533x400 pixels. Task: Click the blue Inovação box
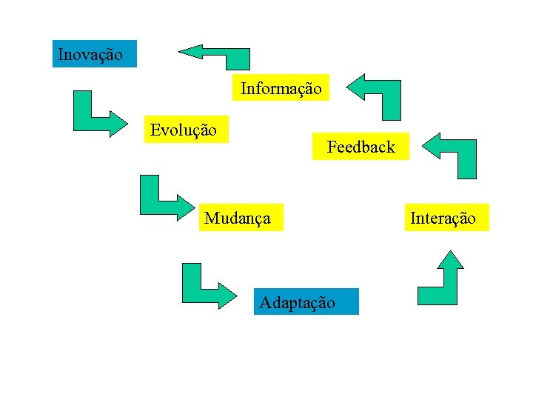pyautogui.click(x=95, y=54)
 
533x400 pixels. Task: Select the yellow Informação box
pyautogui.click(x=281, y=88)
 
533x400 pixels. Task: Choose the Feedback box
pyautogui.click(x=361, y=147)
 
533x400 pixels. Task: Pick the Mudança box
pyautogui.click(x=241, y=218)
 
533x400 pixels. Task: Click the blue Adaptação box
pyautogui.click(x=306, y=301)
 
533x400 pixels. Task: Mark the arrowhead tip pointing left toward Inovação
pyautogui.click(x=180, y=51)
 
